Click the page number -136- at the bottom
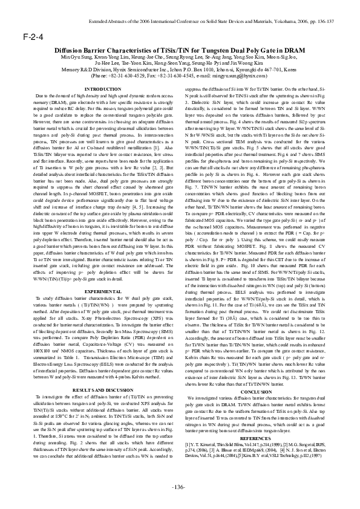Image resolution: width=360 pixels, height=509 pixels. (x=179, y=487)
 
